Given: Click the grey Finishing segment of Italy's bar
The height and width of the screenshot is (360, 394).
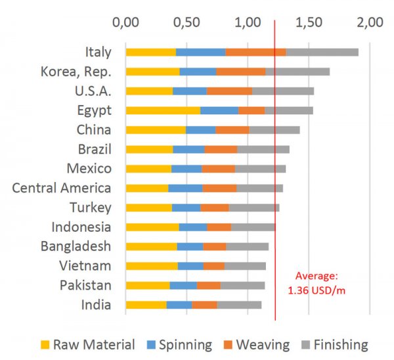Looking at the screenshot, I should pyautogui.click(x=322, y=52).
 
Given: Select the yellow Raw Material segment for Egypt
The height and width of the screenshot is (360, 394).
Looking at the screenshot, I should pyautogui.click(x=163, y=110).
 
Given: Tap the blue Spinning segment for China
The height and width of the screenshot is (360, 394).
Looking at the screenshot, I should pyautogui.click(x=200, y=129).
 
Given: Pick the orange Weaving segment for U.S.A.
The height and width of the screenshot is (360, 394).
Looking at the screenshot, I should pyautogui.click(x=229, y=91).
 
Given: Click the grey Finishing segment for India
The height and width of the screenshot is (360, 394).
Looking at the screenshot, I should pyautogui.click(x=239, y=305).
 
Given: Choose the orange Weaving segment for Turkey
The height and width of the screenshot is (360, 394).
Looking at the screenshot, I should pyautogui.click(x=215, y=208).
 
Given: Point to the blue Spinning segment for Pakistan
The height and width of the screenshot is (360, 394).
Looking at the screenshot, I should pyautogui.click(x=183, y=285).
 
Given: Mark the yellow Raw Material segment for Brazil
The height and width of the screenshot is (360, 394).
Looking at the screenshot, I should pyautogui.click(x=149, y=149).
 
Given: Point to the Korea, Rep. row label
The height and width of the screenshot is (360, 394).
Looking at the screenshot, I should pyautogui.click(x=76, y=72).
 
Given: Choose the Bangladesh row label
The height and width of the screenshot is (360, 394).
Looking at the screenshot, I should pyautogui.click(x=76, y=246).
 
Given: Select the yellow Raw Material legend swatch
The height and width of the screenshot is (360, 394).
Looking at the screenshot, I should pyautogui.click(x=45, y=345).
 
